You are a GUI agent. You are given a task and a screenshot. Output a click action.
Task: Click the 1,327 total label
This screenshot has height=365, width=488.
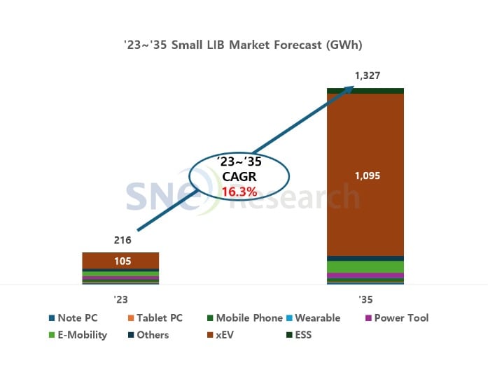365,76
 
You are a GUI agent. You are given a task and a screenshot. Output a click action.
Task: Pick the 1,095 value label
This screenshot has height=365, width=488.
365,176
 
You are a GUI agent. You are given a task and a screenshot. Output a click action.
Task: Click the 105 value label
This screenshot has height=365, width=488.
120,261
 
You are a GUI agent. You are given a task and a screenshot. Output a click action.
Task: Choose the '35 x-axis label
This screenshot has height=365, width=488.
365,299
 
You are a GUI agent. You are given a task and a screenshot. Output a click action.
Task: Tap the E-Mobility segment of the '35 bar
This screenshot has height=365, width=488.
365,266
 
